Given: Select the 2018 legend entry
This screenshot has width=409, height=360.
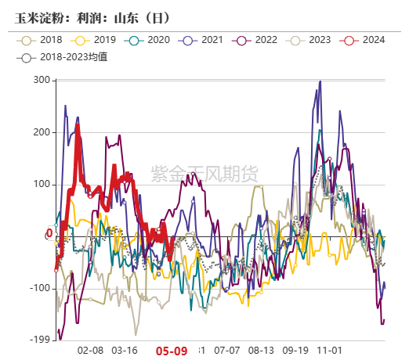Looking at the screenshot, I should point(42,39).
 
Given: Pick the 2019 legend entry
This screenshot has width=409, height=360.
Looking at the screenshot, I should point(96,39).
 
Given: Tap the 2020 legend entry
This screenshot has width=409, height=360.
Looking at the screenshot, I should point(149,39).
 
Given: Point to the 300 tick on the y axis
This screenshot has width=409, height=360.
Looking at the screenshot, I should point(42,81).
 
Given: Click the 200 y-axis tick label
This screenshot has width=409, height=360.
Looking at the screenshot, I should point(42,132).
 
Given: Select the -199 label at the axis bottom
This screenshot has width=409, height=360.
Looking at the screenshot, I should point(39,340).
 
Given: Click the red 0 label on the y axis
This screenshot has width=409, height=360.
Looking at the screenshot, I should point(49,233).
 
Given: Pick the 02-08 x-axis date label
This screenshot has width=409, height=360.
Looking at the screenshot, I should point(92,351).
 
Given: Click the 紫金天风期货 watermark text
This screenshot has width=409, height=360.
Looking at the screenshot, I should point(203,173).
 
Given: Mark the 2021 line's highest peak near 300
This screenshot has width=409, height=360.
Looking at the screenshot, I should point(320,81).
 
